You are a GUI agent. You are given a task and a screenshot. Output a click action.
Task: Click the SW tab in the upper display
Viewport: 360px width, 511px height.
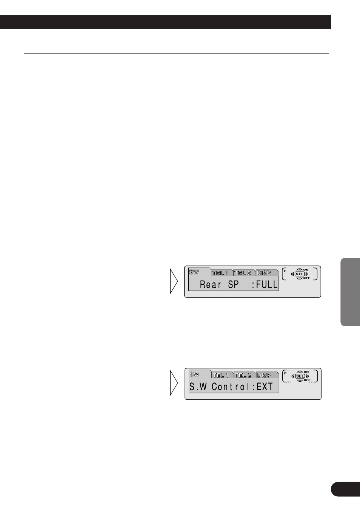tap(194, 272)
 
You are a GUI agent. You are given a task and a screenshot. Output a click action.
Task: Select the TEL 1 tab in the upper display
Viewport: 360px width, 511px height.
tap(221, 273)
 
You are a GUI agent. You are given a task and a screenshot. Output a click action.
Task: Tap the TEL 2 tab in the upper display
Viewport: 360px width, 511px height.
tap(243, 273)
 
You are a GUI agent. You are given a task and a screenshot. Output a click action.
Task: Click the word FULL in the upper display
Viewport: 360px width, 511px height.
tap(267, 284)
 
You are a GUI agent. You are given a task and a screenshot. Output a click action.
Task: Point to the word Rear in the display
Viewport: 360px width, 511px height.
tap(211, 284)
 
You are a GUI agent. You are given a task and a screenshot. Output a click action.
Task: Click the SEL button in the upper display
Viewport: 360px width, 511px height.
tap(300, 274)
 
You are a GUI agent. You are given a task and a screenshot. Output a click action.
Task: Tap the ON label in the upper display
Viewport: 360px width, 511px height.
tap(306, 270)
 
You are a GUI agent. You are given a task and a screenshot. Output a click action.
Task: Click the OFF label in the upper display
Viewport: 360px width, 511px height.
tap(306, 278)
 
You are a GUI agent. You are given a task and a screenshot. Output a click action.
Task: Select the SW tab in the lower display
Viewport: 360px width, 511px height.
tap(194, 374)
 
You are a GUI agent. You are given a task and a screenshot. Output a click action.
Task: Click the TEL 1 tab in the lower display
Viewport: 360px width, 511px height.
tap(221, 375)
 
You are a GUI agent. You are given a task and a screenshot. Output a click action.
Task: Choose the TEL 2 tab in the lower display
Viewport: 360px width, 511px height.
tap(243, 375)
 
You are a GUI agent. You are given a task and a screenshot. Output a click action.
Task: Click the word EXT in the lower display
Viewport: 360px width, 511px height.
tap(265, 387)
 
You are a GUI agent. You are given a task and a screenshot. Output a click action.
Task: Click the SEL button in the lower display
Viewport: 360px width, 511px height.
tap(300, 376)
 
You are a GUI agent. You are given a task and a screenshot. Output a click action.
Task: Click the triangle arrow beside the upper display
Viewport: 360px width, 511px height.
tap(174, 281)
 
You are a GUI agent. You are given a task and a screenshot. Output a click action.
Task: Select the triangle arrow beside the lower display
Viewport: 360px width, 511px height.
tap(174, 383)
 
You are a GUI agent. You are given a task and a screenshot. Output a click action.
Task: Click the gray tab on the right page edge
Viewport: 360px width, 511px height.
tap(350, 292)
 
